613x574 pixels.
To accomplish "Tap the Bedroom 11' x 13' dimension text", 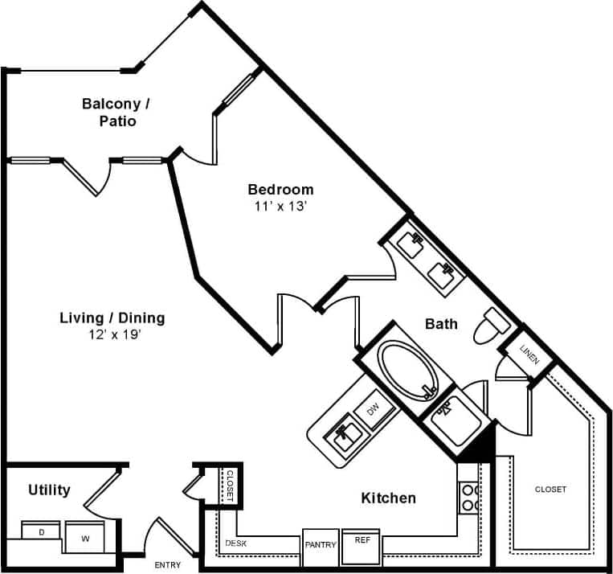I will click(x=280, y=206).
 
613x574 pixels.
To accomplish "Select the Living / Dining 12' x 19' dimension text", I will click(x=112, y=334).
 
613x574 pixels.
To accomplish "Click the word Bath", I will click(x=441, y=324).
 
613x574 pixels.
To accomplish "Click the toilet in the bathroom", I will click(x=489, y=324).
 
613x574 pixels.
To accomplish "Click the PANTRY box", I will click(x=321, y=545).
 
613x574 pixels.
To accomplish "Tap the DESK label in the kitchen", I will click(x=235, y=543).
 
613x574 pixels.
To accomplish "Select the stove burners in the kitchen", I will click(x=469, y=497).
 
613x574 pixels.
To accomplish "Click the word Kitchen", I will click(x=388, y=498).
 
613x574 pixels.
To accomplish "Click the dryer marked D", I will click(x=41, y=531).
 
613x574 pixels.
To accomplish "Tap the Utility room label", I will click(x=49, y=490).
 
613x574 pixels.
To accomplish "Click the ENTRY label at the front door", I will click(x=167, y=565).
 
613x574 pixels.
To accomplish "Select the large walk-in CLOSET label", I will click(x=550, y=489).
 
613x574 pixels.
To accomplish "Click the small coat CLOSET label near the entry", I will click(x=229, y=485).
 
